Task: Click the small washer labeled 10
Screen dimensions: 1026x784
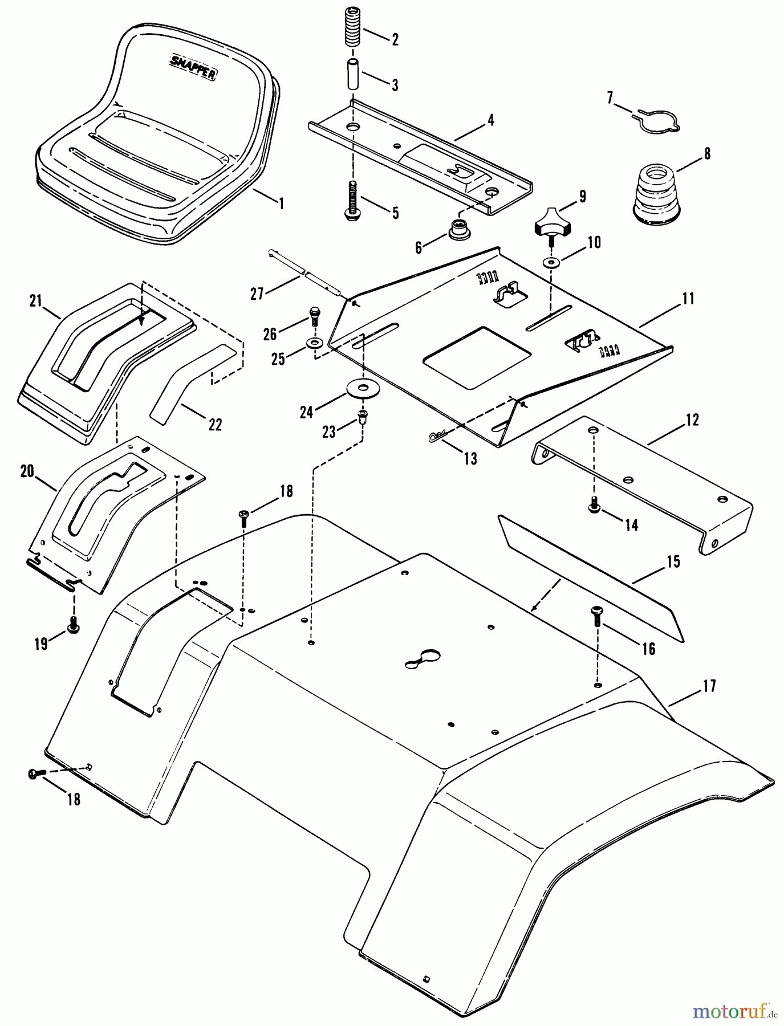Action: (x=551, y=262)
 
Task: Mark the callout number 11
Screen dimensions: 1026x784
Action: (x=689, y=298)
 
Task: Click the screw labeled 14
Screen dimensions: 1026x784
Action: (x=594, y=503)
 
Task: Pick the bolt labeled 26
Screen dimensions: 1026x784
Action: (x=315, y=313)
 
